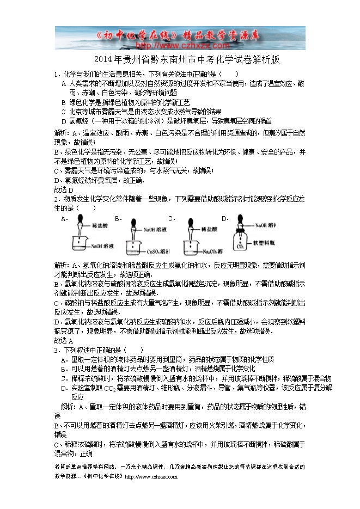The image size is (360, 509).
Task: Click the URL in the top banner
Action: [180, 46]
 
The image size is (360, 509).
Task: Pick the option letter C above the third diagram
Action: [170, 218]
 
